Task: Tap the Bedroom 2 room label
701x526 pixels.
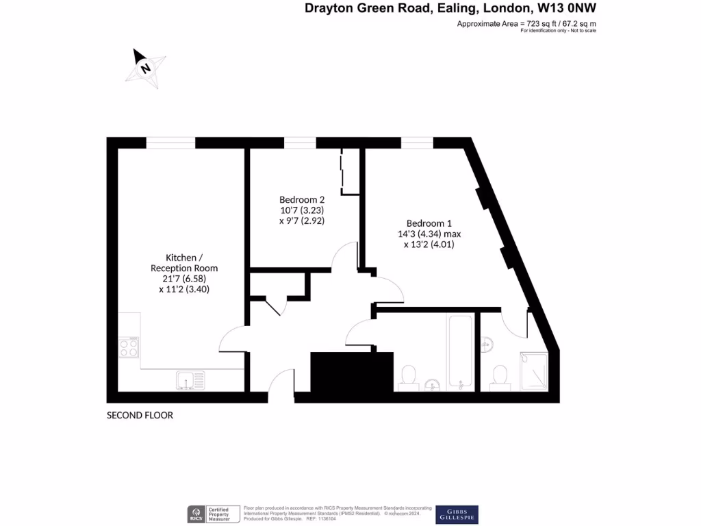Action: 301,199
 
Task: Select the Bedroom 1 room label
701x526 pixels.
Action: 429,223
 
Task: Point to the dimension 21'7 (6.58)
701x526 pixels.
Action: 183,279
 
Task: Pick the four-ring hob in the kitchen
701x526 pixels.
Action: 129,348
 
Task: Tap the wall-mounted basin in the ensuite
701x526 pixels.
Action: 487,344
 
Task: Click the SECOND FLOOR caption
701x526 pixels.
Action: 140,416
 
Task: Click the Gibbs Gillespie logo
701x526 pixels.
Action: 457,514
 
